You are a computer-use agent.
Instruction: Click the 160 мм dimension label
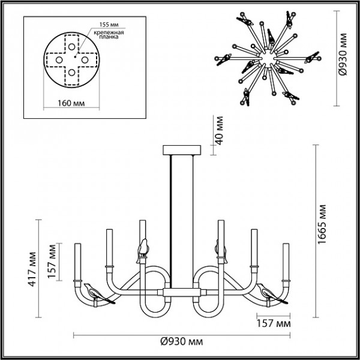tap(71, 103)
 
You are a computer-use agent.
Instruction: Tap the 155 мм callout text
tap(109, 25)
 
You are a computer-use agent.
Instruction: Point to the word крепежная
tap(109, 32)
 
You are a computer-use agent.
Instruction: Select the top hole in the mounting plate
tap(71, 47)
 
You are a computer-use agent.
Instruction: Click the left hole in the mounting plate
tap(59, 60)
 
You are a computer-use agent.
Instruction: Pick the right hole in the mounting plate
tap(85, 60)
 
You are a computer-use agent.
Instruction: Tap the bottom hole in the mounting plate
tap(71, 73)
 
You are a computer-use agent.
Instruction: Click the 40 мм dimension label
tap(220, 131)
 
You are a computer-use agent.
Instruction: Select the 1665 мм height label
tap(322, 224)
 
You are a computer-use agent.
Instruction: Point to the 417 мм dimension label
tap(32, 269)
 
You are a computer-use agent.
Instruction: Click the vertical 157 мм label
tap(52, 262)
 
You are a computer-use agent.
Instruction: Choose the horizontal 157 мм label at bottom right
tap(274, 324)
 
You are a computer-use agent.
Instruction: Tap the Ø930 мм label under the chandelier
tap(181, 342)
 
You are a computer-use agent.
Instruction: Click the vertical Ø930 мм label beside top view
tap(343, 55)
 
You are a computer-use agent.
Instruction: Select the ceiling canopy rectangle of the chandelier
tap(182, 150)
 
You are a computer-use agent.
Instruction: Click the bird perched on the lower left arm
tap(98, 294)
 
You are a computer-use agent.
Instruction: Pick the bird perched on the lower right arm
tap(272, 294)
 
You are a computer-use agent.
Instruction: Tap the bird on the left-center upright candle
tap(143, 250)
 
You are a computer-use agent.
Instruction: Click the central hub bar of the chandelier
tap(182, 293)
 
